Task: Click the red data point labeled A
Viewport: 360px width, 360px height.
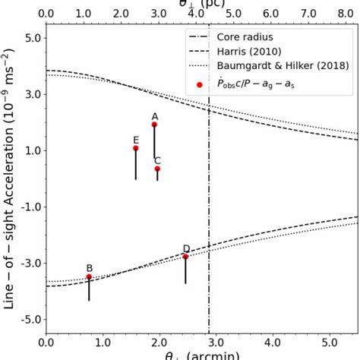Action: pyautogui.click(x=154, y=125)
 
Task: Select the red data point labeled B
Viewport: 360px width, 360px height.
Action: pyautogui.click(x=89, y=277)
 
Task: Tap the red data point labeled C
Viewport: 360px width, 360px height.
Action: pyautogui.click(x=157, y=169)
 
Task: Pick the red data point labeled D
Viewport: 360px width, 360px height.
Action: pyautogui.click(x=185, y=257)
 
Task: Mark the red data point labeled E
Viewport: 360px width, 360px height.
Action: pyautogui.click(x=136, y=148)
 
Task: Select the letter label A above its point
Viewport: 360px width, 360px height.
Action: pyautogui.click(x=154, y=115)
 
